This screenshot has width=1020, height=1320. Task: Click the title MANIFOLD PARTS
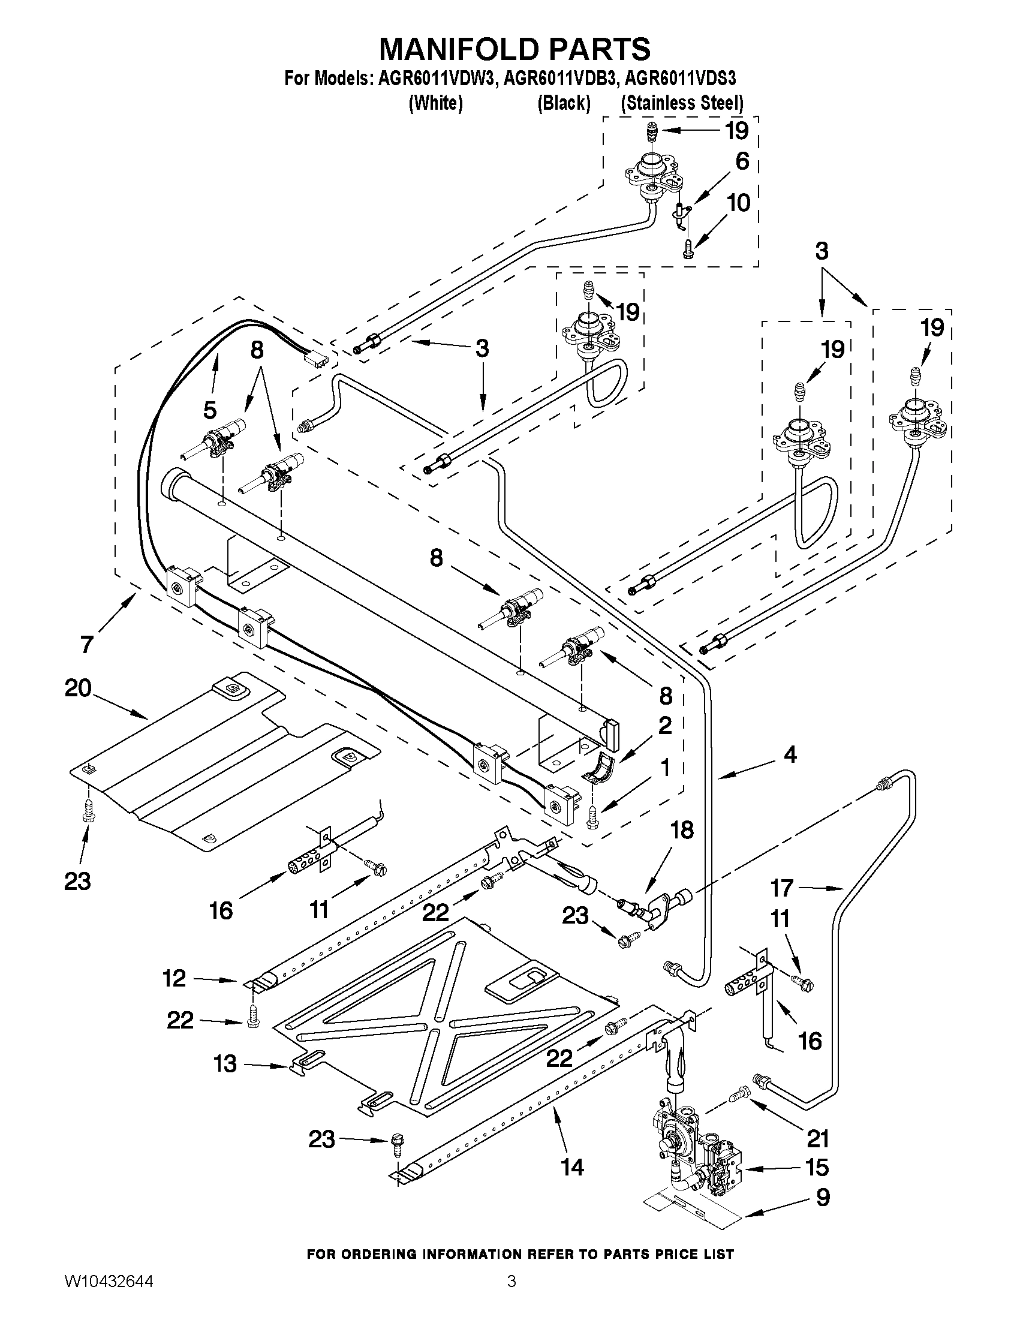(x=514, y=49)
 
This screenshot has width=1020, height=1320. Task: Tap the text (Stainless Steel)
(x=682, y=103)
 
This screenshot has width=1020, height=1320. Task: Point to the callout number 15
(x=817, y=1167)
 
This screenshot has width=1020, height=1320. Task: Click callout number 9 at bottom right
(x=823, y=1197)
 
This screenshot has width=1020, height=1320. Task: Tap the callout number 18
(x=682, y=830)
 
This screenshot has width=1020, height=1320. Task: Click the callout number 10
(x=738, y=203)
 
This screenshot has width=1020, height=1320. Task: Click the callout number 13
(x=225, y=1064)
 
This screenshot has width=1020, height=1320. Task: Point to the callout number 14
(x=571, y=1166)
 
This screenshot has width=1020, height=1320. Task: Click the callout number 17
(x=781, y=888)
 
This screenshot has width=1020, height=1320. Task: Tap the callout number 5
(x=209, y=410)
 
